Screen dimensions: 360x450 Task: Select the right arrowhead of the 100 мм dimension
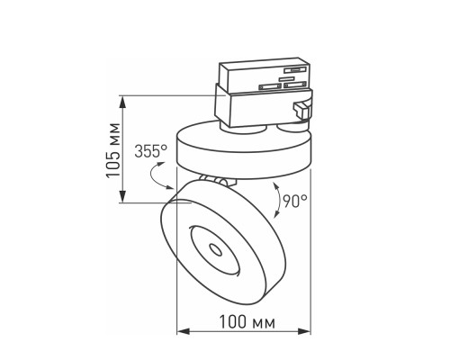tap(307, 331)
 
